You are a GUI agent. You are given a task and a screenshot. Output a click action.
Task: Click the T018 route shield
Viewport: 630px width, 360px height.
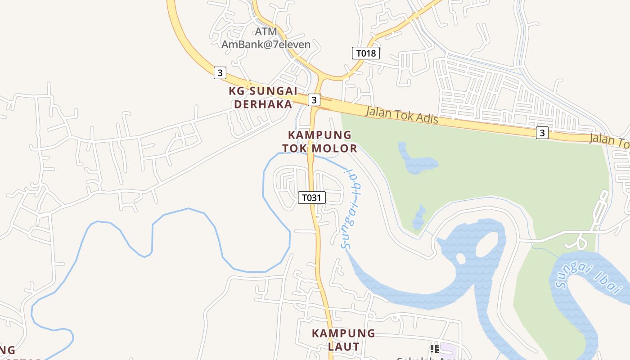[366, 53]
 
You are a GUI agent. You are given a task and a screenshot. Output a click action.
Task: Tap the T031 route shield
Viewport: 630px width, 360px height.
[311, 198]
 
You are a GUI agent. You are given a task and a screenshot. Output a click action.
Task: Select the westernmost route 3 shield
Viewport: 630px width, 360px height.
[220, 73]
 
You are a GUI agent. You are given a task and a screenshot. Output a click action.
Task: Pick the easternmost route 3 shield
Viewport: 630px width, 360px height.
[542, 133]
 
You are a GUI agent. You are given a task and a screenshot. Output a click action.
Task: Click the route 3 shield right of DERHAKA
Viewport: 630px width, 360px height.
[314, 99]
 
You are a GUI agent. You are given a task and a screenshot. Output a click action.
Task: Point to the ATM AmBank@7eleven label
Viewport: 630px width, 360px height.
[266, 38]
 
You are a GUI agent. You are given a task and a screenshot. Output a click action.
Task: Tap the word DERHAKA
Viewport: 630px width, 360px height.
[263, 104]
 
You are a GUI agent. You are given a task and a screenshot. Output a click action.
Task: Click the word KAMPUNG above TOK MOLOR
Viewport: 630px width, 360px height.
[319, 135]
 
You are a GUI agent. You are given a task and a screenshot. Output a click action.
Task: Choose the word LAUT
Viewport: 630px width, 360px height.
[343, 347]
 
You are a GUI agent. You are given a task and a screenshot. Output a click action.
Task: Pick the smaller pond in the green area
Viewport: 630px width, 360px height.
[419, 218]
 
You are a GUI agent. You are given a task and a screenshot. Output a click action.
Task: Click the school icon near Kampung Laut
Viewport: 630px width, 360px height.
[434, 348]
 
